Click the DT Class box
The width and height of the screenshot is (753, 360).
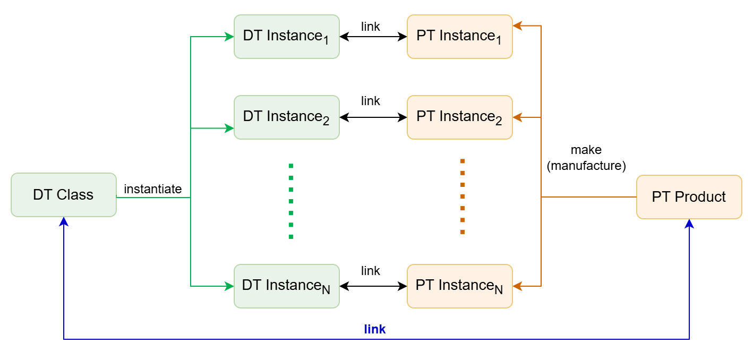coord(63,195)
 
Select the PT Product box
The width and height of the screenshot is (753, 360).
coord(689,197)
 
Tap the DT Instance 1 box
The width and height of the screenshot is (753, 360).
coord(286,36)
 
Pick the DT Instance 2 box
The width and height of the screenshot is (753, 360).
coord(286,117)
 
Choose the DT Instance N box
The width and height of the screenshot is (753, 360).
coord(286,286)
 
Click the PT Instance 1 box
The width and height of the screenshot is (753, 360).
coord(459,36)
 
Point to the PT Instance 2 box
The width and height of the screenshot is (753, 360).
coord(459,117)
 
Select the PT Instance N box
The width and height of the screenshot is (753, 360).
coord(459,286)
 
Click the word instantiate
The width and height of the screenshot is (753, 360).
coord(152,189)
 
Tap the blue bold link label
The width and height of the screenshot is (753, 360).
coord(374,329)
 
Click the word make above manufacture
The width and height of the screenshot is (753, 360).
coord(586,150)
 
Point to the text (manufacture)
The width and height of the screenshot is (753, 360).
coord(586,166)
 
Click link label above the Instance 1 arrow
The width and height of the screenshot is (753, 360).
coord(370,27)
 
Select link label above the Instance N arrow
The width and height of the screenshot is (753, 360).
coord(370,271)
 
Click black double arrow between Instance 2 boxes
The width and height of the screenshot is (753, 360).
coord(373,117)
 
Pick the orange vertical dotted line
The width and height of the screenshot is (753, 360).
coord(463,196)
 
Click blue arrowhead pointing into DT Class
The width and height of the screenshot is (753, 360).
coord(64,221)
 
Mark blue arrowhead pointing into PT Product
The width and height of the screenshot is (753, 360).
coord(689,224)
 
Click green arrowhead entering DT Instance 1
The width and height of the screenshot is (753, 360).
coord(229,37)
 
